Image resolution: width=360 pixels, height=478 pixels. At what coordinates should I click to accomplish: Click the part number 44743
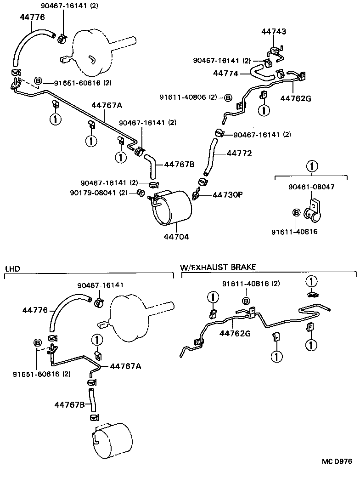point(274,32)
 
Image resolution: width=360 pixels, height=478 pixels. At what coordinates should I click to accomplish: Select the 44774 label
point(225,73)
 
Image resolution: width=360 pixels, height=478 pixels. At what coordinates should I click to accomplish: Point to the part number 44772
point(239,153)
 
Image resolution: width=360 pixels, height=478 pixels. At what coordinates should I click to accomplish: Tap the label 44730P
point(227,195)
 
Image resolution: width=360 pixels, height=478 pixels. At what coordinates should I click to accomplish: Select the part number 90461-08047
point(311,187)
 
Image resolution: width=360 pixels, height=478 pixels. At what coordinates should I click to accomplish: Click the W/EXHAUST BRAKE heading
point(218,267)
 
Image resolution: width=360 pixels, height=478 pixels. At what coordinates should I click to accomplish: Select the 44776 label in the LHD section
point(35,310)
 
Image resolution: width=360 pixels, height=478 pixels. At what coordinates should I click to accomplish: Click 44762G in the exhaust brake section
point(235,333)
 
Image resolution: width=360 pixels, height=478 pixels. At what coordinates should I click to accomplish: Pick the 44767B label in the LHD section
point(69,404)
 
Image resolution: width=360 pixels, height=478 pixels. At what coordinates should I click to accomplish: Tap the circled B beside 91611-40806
point(228,97)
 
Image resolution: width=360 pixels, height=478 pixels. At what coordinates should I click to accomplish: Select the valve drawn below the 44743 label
point(275,51)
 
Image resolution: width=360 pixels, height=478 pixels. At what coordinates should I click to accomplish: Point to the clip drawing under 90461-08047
point(314,212)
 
